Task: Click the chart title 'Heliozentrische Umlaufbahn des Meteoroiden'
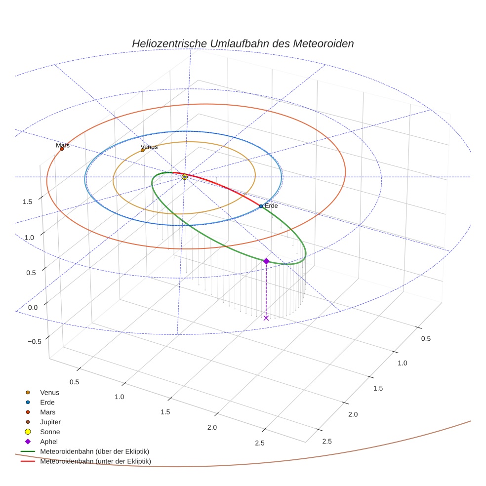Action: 243,43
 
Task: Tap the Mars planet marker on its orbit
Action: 62,149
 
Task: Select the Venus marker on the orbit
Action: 143,150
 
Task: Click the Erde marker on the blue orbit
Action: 261,206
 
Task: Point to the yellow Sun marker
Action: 185,177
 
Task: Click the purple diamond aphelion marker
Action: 266,261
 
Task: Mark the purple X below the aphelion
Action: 266,318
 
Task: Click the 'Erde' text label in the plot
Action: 271,205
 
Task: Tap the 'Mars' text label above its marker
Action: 63,145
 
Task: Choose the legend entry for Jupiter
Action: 50,422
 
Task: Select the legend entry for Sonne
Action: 50,432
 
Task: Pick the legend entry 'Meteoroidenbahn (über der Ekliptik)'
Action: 94,451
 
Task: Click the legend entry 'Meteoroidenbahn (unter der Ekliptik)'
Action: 95,461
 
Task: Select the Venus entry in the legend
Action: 49,393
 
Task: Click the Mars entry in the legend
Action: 47,412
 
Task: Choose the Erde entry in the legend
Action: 47,402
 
